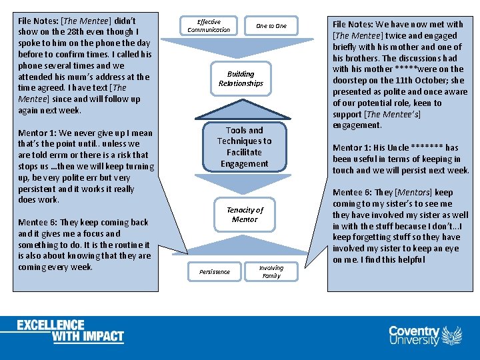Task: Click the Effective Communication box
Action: click(x=209, y=26)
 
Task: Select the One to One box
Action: click(x=271, y=26)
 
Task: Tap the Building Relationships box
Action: click(x=241, y=79)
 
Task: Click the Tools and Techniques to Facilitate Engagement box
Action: click(x=244, y=147)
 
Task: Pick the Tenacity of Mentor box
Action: click(x=245, y=215)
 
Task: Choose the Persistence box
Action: click(x=214, y=271)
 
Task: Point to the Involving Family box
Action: click(x=271, y=271)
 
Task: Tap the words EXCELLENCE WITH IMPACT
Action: click(x=71, y=331)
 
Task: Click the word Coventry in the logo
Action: click(x=414, y=331)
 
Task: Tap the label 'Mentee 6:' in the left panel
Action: click(x=39, y=222)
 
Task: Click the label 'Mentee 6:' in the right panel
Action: click(x=353, y=192)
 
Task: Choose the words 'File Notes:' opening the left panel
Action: click(x=38, y=21)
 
